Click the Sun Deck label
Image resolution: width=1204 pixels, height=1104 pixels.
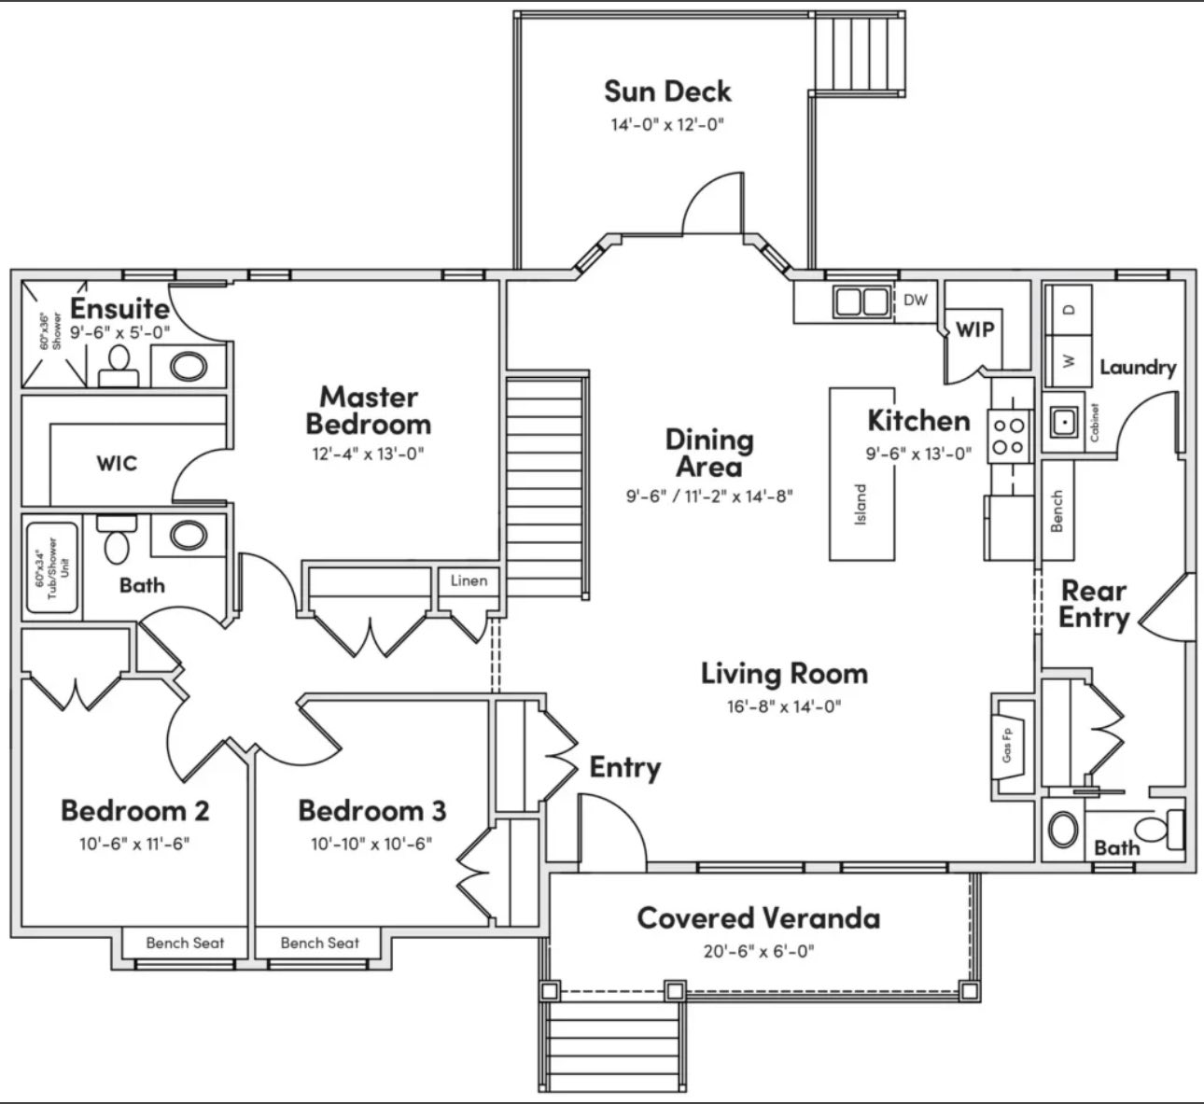(x=667, y=91)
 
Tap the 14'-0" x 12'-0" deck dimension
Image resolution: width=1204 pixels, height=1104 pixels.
(x=667, y=125)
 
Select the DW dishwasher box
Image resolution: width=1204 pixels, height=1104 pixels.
(x=916, y=300)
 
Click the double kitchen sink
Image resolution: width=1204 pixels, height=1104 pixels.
(x=861, y=301)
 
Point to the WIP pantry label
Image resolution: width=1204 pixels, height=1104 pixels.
(x=974, y=329)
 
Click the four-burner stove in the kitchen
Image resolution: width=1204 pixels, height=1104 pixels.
(x=1008, y=436)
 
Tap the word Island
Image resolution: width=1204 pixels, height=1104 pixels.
(x=861, y=505)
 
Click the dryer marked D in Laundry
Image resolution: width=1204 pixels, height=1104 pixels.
(x=1070, y=309)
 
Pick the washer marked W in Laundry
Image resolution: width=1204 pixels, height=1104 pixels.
(x=1070, y=359)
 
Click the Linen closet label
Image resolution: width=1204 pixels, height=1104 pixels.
(x=469, y=581)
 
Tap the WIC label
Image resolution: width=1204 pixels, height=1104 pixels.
(x=117, y=463)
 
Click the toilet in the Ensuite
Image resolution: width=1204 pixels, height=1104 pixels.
(x=119, y=365)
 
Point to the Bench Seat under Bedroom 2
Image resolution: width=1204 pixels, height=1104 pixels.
(x=185, y=943)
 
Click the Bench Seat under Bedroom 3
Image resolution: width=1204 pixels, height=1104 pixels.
(x=319, y=943)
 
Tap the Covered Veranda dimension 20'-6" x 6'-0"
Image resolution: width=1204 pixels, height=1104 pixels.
(x=758, y=952)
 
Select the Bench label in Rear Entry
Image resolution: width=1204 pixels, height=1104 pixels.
(x=1057, y=511)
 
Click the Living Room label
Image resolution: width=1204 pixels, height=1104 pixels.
(x=784, y=673)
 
